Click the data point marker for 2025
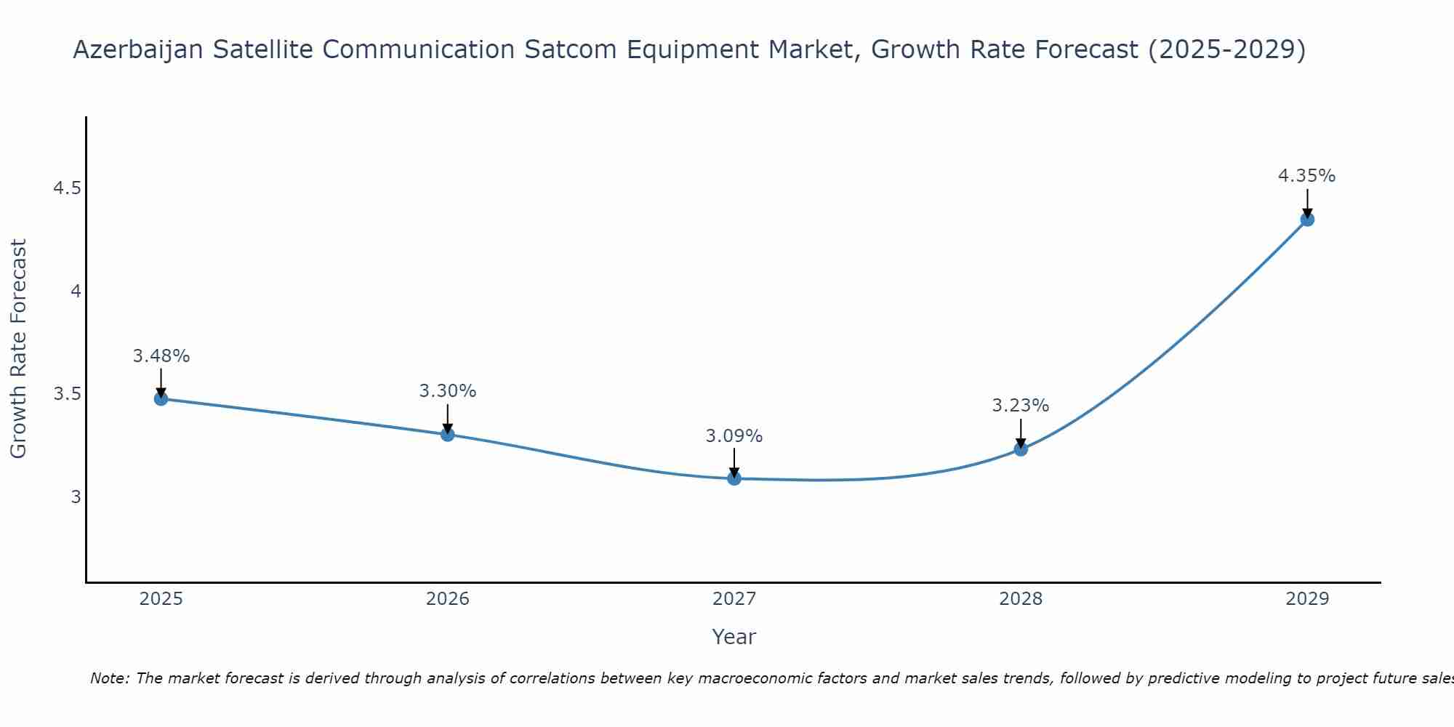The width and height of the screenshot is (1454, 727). (x=161, y=398)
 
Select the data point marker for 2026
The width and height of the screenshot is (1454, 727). (x=448, y=435)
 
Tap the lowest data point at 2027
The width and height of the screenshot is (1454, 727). (x=734, y=478)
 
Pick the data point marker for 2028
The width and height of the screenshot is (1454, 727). (x=1021, y=449)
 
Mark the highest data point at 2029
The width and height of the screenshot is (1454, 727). (x=1307, y=220)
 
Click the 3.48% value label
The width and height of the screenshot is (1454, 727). (x=161, y=356)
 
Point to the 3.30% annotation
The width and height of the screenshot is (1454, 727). (x=448, y=391)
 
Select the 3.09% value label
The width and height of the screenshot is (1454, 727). (x=734, y=436)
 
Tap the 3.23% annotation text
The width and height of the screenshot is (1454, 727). (x=1021, y=406)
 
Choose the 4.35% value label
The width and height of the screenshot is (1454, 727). (x=1307, y=176)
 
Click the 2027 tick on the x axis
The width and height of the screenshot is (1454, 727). (x=734, y=599)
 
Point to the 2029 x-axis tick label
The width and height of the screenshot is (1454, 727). (x=1307, y=599)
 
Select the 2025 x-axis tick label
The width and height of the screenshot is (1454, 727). (x=161, y=599)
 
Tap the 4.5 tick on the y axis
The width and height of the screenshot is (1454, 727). (x=67, y=189)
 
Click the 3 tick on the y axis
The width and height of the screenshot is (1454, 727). (x=76, y=497)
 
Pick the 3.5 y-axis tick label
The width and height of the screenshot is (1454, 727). (x=67, y=395)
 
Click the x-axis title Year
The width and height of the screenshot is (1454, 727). (x=734, y=637)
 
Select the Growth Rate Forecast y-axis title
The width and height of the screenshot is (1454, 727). (x=19, y=349)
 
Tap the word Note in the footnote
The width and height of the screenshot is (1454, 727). (x=109, y=678)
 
